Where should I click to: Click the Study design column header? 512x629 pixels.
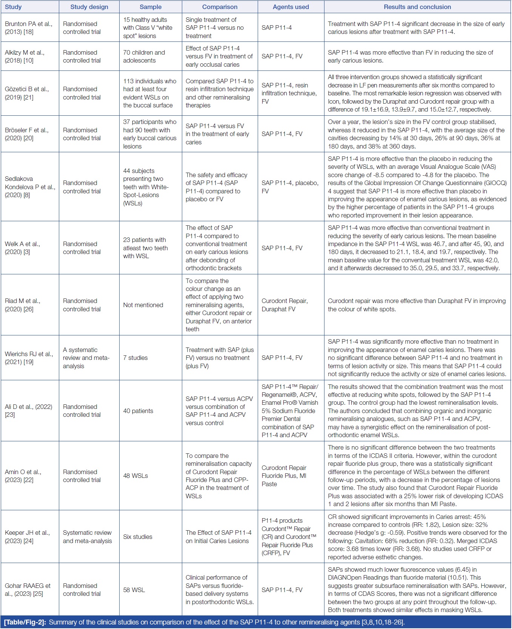tap(89, 7)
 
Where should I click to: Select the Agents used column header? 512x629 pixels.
tap(291, 7)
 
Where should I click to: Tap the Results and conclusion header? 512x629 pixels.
tap(417, 7)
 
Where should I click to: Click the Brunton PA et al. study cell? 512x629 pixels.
tap(29, 28)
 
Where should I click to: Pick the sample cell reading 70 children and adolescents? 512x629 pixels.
tap(144, 57)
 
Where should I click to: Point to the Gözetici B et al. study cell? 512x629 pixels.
tap(27, 93)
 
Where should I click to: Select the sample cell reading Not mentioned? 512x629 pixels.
tap(143, 305)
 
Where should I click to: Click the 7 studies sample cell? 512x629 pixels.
tap(135, 358)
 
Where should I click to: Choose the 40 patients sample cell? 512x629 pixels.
tap(138, 411)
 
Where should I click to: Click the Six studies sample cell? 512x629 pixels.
tap(138, 537)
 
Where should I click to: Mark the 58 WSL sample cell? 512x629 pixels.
tap(134, 590)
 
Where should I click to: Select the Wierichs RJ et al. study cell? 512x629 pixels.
tap(29, 358)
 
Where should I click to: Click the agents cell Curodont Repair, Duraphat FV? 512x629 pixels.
tap(284, 305)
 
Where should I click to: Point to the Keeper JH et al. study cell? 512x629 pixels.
tap(27, 537)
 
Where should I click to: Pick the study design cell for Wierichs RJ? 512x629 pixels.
tap(86, 358)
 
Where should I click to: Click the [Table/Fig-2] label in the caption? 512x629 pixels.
tap(25, 622)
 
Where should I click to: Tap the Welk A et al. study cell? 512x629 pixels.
tap(22, 248)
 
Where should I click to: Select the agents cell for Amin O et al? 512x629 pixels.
tap(284, 476)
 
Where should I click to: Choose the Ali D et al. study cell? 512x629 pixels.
tap(28, 411)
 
